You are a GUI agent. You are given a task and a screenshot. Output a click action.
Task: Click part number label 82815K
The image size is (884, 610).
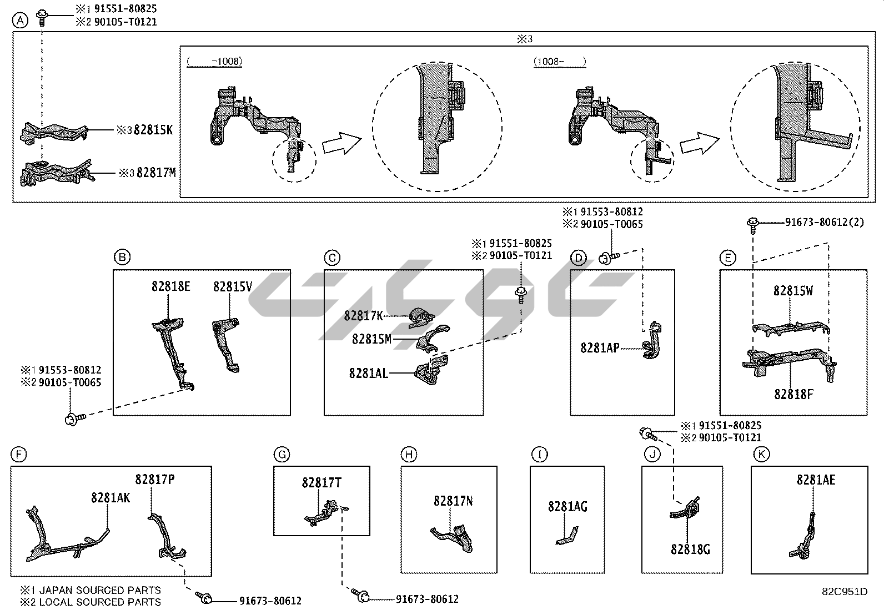tap(153, 130)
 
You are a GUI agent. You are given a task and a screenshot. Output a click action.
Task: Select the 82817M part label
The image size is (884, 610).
tap(156, 173)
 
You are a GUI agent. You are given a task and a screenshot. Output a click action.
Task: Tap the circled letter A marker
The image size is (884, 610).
tap(20, 21)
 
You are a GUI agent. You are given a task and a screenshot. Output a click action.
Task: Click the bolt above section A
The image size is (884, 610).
tap(42, 17)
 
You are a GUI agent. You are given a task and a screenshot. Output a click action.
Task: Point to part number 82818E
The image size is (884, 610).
tap(170, 286)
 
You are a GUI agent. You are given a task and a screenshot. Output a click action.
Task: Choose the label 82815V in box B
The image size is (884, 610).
tap(233, 286)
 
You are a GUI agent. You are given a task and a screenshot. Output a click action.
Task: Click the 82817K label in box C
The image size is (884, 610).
tap(364, 316)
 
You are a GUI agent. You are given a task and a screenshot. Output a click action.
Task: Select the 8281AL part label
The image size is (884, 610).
tap(368, 373)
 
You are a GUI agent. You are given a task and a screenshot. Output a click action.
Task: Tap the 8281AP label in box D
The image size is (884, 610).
tap(600, 348)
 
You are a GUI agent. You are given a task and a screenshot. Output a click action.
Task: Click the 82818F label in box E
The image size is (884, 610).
tap(793, 394)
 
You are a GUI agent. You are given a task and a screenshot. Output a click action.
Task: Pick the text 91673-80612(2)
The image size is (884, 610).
tap(825, 222)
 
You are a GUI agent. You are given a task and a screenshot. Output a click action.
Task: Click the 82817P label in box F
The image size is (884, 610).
tap(155, 479)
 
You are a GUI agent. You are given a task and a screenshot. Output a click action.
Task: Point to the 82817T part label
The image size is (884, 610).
tap(322, 483)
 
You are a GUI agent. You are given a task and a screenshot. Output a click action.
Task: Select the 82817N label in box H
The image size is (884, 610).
tap(453, 501)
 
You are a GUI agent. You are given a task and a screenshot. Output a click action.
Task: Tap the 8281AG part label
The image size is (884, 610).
tap(567, 506)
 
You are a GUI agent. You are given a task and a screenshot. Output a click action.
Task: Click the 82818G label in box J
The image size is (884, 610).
tap(690, 549)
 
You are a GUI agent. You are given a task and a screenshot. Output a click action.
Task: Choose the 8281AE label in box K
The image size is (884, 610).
tap(816, 480)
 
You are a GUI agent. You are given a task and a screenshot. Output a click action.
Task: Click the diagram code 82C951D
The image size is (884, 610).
tap(845, 592)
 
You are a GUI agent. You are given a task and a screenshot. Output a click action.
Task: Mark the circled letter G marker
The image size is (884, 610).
tap(282, 455)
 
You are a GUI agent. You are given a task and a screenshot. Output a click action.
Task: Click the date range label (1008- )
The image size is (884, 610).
tap(560, 62)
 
